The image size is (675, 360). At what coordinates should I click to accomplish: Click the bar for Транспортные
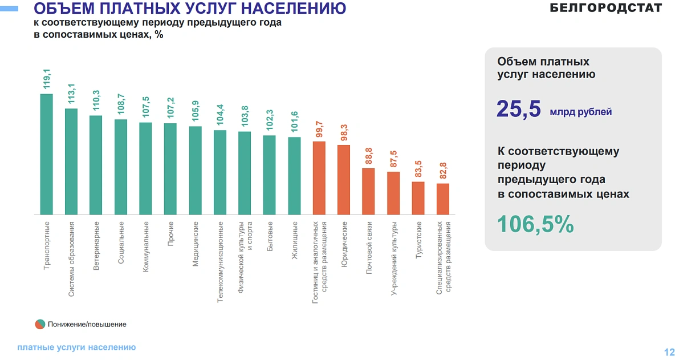tap(46, 154)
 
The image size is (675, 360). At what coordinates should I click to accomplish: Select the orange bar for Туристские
tap(418, 198)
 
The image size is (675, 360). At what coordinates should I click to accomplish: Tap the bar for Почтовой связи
tap(368, 191)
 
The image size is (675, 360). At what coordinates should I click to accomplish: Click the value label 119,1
tap(47, 79)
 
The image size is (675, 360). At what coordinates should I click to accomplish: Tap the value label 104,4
tap(220, 115)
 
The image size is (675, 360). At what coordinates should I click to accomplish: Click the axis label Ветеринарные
tap(96, 245)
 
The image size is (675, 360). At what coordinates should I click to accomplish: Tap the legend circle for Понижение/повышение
tap(39, 324)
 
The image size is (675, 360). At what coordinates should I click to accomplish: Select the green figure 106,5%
tap(535, 224)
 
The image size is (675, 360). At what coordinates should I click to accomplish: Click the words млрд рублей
tap(580, 112)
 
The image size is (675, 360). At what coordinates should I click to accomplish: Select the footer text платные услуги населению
tap(76, 347)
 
